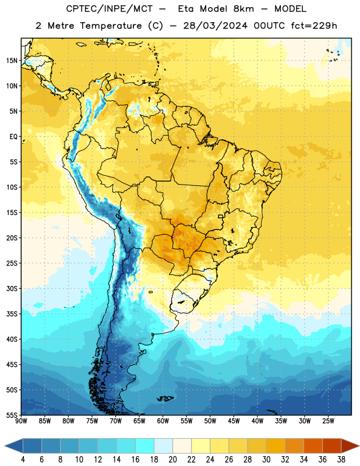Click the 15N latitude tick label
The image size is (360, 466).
tap(12, 61)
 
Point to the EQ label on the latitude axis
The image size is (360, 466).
tap(13, 137)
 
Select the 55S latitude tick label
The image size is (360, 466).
tap(12, 415)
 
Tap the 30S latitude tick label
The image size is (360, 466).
tap(12, 288)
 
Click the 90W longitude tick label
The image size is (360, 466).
tap(21, 421)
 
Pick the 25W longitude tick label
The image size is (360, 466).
tap(328, 421)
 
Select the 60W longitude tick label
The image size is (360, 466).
tap(163, 421)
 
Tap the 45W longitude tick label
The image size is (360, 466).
tap(234, 421)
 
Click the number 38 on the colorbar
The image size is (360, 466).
tap(341, 460)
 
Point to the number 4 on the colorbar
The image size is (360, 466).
tap(23, 460)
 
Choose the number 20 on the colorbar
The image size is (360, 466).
tap(172, 460)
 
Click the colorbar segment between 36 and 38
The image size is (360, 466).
tap(332, 446)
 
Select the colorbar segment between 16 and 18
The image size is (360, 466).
tap(145, 446)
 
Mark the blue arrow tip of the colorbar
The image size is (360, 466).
tap(14, 446)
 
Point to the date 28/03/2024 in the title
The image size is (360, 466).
tap(215, 26)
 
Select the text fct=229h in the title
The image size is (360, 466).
tap(314, 26)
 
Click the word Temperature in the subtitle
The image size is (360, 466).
tap(111, 26)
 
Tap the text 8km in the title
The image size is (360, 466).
tap(243, 9)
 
